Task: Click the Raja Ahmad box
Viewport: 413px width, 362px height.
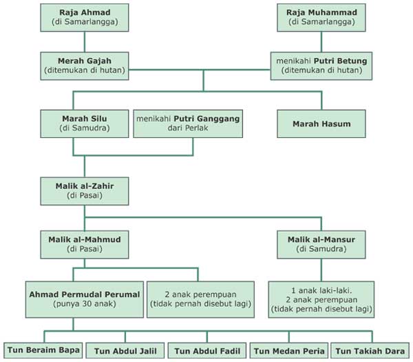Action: [x=84, y=18]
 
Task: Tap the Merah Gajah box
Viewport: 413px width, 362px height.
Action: [x=84, y=66]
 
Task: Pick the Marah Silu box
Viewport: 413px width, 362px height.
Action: [x=84, y=123]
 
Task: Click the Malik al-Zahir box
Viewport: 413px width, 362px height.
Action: [x=84, y=190]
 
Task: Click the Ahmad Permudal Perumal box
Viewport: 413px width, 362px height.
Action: [x=84, y=299]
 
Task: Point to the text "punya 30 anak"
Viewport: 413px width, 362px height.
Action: [x=84, y=304]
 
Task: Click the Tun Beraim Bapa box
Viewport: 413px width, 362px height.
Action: [x=43, y=351]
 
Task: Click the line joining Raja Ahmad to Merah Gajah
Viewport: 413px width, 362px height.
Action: [x=84, y=41]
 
